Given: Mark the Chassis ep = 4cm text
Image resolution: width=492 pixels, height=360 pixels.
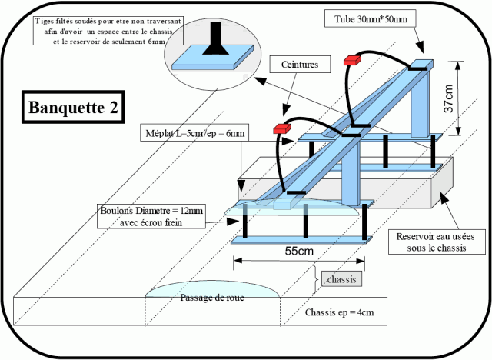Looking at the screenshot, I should (337, 313).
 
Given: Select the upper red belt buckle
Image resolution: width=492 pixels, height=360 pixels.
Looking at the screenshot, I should (354, 59).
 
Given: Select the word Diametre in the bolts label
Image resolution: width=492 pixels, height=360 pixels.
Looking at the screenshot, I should (153, 209).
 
